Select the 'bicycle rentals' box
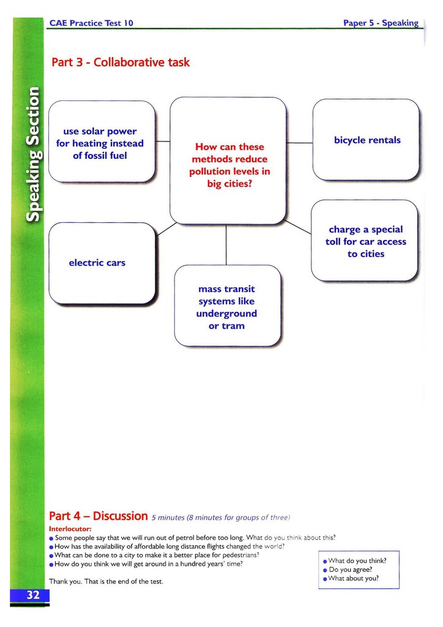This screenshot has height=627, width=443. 367,140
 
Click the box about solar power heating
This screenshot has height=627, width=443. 101,143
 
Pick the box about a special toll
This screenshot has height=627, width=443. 365,241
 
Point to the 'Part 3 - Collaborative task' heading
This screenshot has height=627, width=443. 121,62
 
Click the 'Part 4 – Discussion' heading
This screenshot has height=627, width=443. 98,516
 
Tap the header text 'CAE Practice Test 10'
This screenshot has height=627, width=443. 91,23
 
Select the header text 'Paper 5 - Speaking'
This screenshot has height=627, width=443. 381,23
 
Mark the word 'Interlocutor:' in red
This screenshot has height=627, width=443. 70,528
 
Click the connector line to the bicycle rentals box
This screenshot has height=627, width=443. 300,143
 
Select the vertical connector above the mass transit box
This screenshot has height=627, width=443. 226,245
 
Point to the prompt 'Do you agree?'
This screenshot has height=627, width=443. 351,569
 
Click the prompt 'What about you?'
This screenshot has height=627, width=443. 354,579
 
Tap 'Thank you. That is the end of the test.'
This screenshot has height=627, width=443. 106,581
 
